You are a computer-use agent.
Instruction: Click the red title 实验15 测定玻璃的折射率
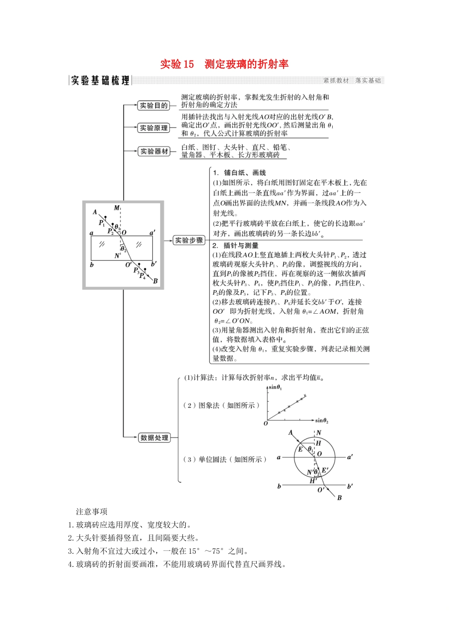tap(224, 64)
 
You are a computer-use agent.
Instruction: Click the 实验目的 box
tap(154, 105)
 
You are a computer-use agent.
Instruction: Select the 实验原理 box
tap(154, 128)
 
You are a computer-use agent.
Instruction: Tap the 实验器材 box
tap(154, 151)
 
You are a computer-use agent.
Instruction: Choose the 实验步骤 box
tap(189, 240)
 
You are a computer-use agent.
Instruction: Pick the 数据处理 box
tap(154, 438)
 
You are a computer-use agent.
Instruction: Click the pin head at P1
tap(105, 218)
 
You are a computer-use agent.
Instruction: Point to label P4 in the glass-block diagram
tap(142, 276)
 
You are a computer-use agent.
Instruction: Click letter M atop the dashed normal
tap(117, 208)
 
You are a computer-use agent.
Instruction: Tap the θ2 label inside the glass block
tap(123, 249)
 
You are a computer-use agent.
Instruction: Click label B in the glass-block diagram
tap(155, 281)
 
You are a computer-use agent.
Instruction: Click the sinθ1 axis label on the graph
tap(275, 387)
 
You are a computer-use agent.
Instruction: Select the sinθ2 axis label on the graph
tap(322, 420)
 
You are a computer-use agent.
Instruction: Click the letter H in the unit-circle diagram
tap(318, 443)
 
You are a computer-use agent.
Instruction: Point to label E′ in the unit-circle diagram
tap(325, 470)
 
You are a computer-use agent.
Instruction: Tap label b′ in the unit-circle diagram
tap(350, 486)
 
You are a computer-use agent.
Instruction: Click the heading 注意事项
tap(92, 511)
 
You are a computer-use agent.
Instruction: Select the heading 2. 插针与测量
tap(235, 245)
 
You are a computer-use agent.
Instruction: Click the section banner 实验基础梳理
tap(100, 80)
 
